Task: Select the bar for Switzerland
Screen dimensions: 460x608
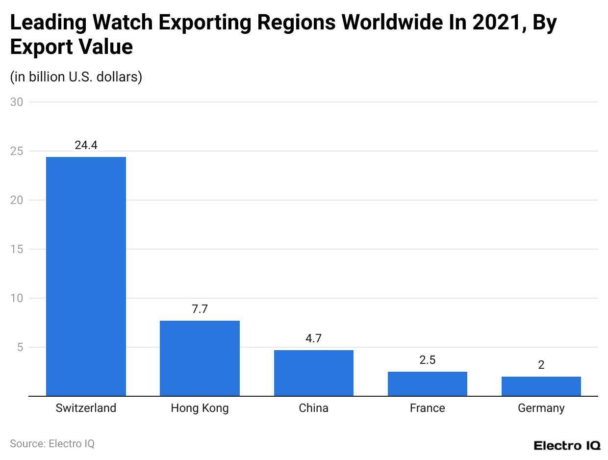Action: [86, 276]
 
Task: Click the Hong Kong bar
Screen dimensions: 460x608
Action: [200, 358]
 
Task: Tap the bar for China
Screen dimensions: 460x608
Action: [313, 373]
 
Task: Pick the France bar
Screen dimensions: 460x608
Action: [427, 383]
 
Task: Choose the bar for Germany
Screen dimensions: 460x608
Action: [541, 386]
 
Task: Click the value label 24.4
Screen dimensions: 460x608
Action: [86, 145]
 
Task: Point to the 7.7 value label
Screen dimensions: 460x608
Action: [200, 309]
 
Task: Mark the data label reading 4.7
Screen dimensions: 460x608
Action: [313, 338]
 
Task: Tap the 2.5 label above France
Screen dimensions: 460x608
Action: [427, 360]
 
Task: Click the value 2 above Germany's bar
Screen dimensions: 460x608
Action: [541, 365]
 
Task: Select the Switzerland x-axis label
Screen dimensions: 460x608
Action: [86, 408]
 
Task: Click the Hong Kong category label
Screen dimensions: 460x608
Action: [200, 408]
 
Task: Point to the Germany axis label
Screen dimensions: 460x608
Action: [541, 408]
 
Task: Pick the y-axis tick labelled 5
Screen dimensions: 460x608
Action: [20, 347]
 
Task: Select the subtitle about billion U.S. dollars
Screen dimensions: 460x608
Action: [76, 77]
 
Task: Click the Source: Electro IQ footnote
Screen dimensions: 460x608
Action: [52, 443]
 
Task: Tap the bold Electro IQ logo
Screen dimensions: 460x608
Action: [566, 445]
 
